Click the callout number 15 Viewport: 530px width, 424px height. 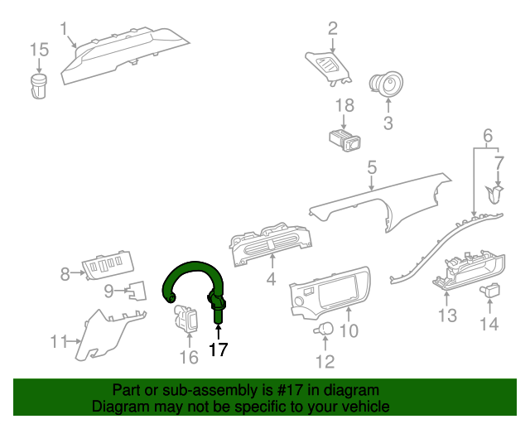pos(40,51)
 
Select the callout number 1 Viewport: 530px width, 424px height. pos(64,29)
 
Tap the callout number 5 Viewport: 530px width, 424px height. pos(373,167)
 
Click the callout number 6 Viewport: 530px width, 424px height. pos(488,135)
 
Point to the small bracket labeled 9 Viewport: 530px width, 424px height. pos(134,291)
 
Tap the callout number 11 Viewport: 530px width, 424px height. pos(58,341)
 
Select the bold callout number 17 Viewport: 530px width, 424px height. pos(218,350)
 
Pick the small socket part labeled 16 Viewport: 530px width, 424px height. pos(186,319)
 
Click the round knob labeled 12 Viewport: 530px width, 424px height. pos(323,330)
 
